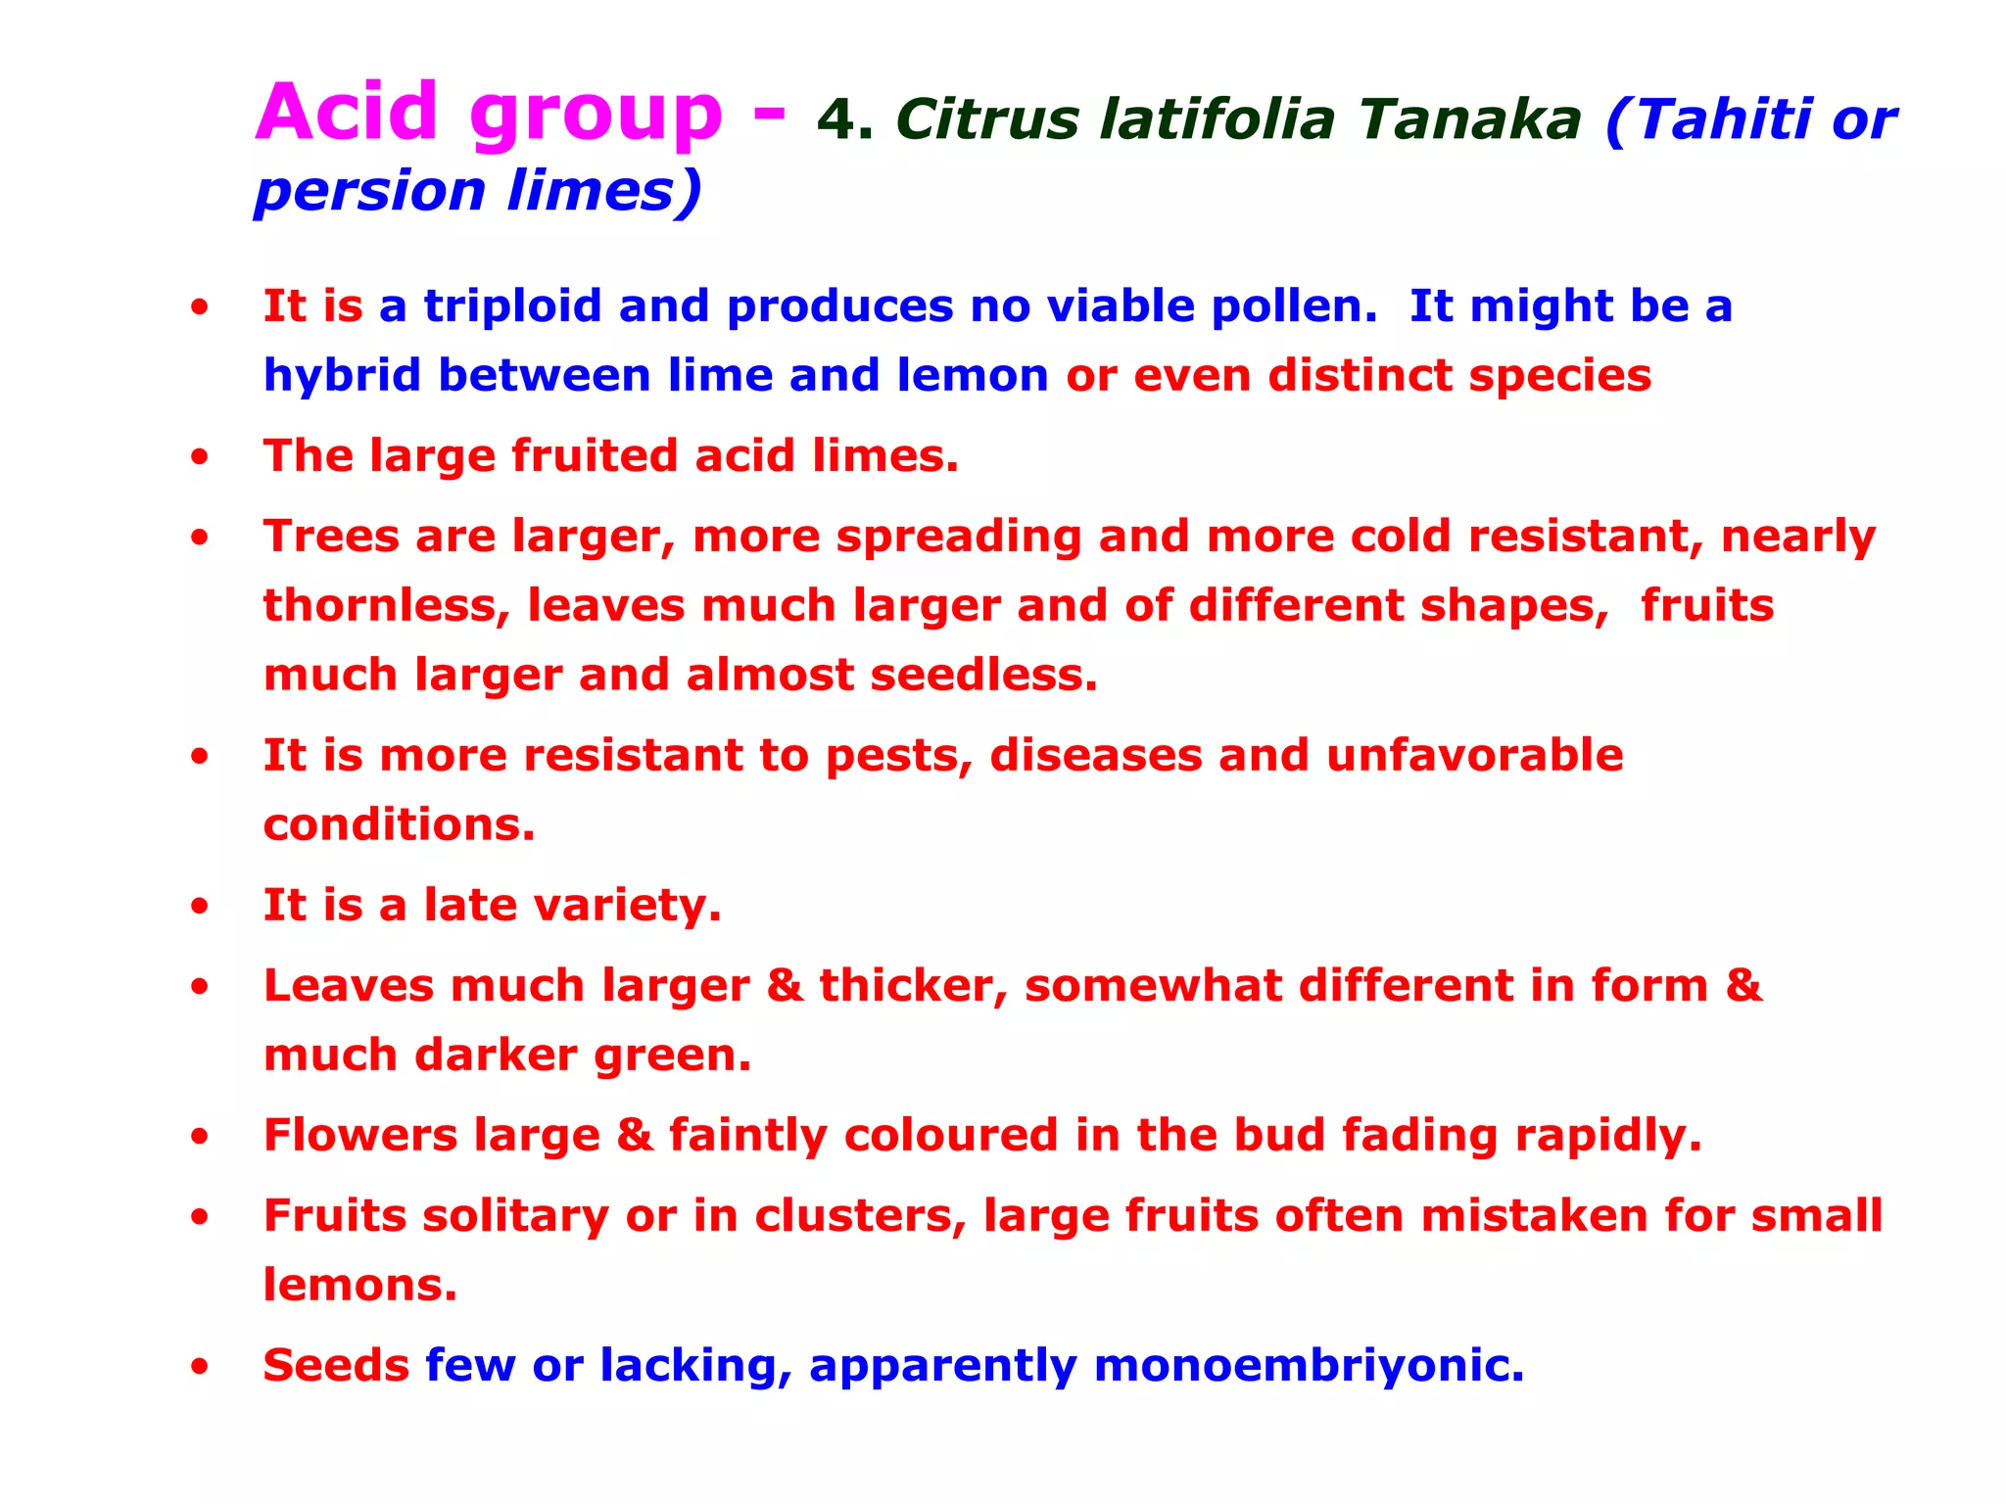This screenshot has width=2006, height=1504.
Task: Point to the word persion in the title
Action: [x=370, y=192]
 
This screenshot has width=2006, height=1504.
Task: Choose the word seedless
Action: [x=983, y=676]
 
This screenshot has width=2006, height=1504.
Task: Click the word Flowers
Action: [x=360, y=1136]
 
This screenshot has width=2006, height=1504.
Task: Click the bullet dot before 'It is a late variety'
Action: [x=200, y=907]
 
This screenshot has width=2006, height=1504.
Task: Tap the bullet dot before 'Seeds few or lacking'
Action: [x=200, y=1367]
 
